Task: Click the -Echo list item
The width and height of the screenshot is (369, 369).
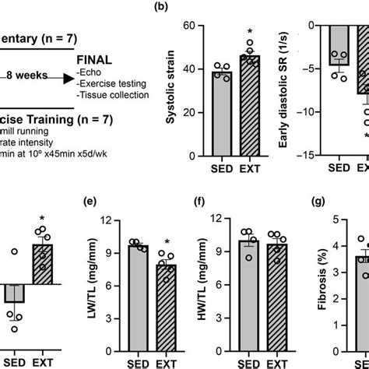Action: pyautogui.click(x=88, y=76)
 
